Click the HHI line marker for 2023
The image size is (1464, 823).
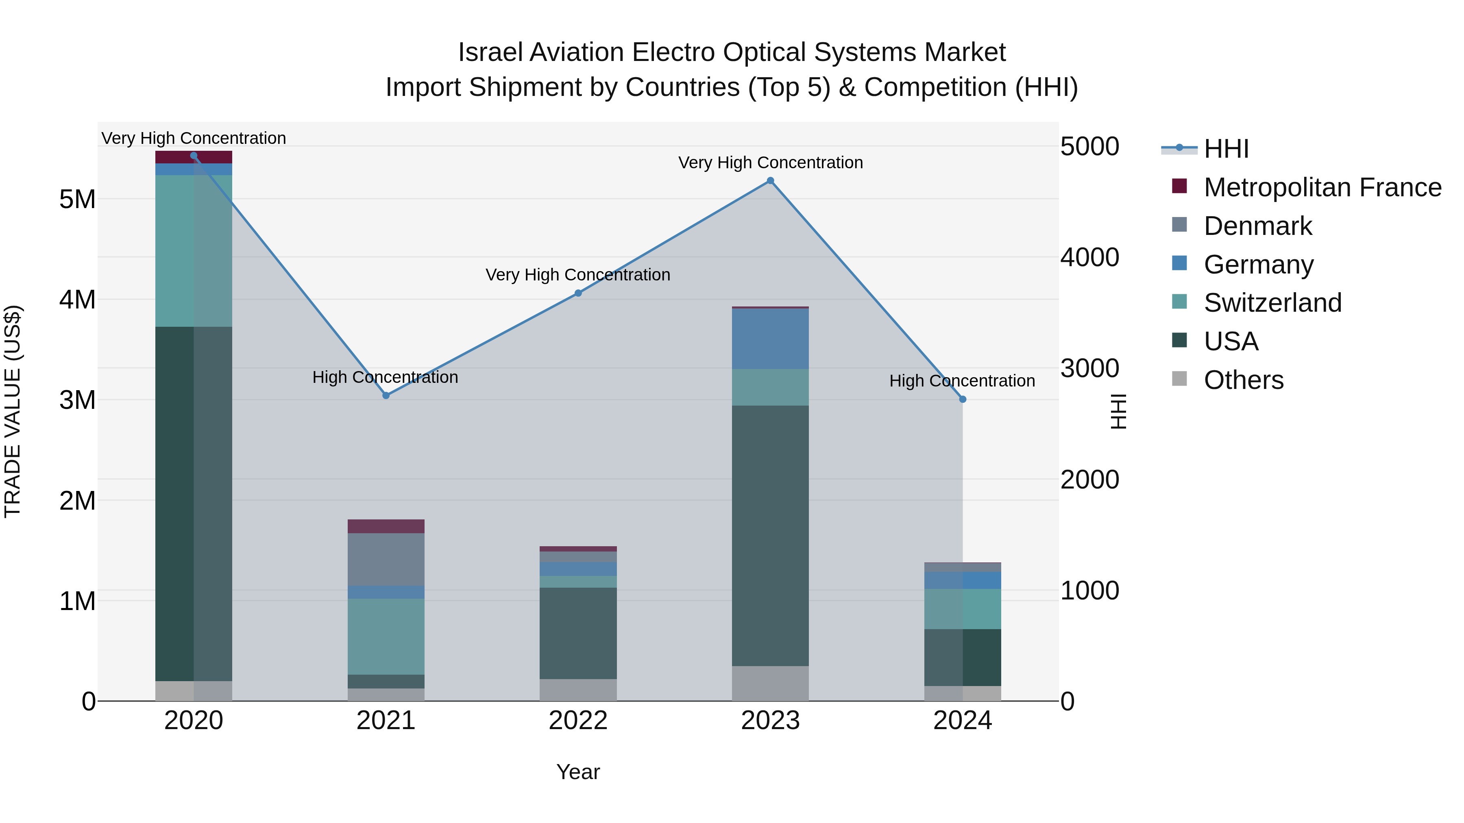tap(770, 180)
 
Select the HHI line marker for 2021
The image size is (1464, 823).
tap(386, 395)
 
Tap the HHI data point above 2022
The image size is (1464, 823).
tap(578, 293)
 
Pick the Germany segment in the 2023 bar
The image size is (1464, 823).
tap(770, 339)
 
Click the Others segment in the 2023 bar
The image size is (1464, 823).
tap(770, 683)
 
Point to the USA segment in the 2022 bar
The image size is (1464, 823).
tap(578, 633)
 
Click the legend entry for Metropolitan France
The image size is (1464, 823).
tap(1322, 187)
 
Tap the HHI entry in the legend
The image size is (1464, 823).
tap(1226, 149)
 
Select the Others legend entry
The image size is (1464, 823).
tap(1243, 380)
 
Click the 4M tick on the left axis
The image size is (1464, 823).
tap(77, 299)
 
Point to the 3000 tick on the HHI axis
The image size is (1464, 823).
tap(1089, 368)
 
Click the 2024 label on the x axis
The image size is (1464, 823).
tap(962, 721)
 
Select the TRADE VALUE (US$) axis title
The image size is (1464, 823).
tap(13, 411)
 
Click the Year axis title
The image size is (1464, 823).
tap(578, 772)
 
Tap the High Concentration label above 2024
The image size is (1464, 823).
tap(962, 380)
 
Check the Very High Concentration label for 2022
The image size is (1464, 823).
tap(577, 274)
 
